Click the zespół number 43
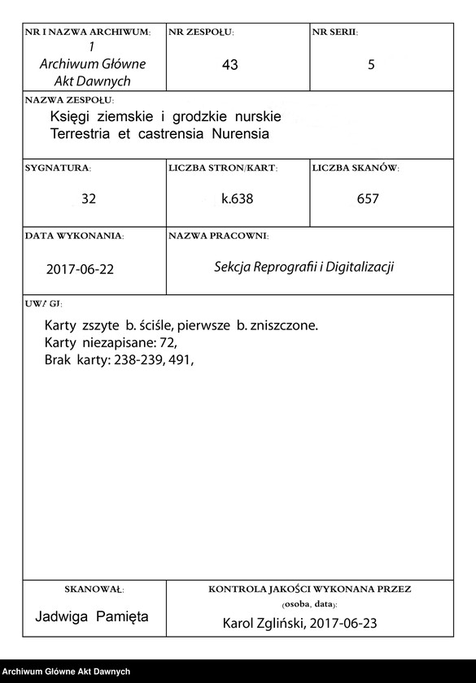click(x=229, y=65)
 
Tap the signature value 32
click(x=89, y=198)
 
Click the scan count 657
click(x=368, y=198)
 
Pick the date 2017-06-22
click(x=80, y=269)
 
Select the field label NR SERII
click(x=334, y=32)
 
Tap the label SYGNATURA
click(x=58, y=167)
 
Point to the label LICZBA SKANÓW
click(x=355, y=167)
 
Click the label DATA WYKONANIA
click(x=74, y=235)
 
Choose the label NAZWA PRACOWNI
click(x=218, y=235)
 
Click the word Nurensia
click(x=241, y=133)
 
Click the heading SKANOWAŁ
click(x=94, y=589)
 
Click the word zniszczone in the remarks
click(x=283, y=326)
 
